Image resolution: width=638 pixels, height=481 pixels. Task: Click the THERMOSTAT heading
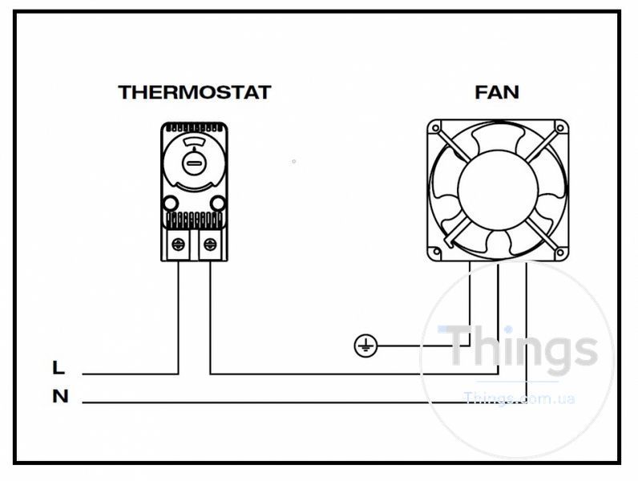click(x=195, y=92)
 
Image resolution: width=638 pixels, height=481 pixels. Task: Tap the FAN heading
click(x=497, y=92)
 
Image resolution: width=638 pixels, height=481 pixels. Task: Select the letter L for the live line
click(x=59, y=367)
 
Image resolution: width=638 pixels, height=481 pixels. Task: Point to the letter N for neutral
click(x=60, y=396)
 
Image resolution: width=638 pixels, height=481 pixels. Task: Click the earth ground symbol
click(x=365, y=346)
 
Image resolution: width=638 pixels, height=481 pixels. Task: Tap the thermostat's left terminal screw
click(x=178, y=245)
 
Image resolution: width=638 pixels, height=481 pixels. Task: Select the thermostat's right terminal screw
click(x=210, y=245)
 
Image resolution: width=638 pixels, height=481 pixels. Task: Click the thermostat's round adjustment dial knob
click(x=194, y=164)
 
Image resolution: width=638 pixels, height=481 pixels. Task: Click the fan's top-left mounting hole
click(x=436, y=128)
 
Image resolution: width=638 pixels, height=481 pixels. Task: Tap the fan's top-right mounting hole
click(x=560, y=128)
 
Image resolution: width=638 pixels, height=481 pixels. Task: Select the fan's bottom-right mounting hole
click(x=560, y=253)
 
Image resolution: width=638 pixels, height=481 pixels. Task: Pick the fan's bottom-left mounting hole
click(x=436, y=252)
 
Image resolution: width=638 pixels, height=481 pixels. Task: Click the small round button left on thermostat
click(x=171, y=203)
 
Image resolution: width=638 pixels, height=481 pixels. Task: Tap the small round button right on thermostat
click(x=218, y=203)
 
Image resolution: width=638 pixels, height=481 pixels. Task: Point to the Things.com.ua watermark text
click(x=519, y=398)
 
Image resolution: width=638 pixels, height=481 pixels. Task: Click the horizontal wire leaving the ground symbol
click(x=423, y=346)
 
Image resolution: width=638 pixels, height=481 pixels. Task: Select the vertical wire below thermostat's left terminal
click(x=178, y=317)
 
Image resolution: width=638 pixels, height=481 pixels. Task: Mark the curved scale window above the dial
click(x=194, y=142)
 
